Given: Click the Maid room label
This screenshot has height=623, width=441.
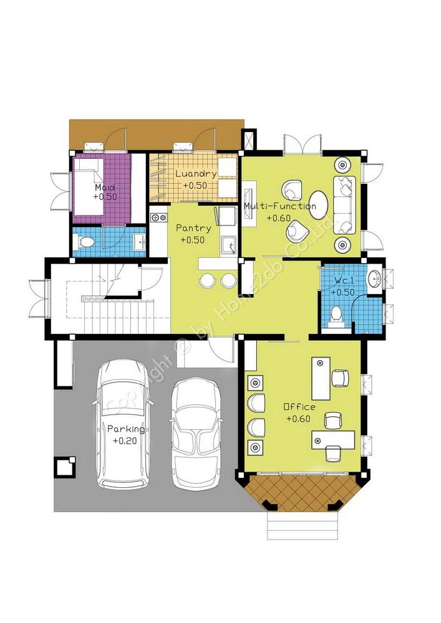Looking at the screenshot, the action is (105, 187).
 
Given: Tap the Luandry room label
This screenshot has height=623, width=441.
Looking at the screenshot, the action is (196, 174).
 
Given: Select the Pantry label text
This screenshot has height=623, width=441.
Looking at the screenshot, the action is (193, 229).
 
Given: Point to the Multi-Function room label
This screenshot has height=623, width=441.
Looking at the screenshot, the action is (279, 206).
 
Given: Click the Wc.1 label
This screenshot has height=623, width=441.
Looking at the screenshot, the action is (344, 280).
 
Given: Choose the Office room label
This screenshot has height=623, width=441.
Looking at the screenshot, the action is (299, 407).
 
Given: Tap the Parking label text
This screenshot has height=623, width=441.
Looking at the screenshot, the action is (126, 429).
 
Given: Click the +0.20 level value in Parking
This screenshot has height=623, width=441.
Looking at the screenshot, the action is (125, 440).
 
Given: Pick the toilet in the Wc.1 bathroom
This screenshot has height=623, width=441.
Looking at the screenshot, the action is (336, 316).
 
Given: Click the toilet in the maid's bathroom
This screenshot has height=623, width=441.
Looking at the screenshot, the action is (84, 240).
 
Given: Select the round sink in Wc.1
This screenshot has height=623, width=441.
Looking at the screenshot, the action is (375, 278).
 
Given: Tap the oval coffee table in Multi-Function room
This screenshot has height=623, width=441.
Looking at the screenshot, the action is (319, 204).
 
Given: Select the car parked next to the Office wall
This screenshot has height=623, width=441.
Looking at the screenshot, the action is (196, 433).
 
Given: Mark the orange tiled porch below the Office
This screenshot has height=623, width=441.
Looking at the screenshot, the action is (303, 492).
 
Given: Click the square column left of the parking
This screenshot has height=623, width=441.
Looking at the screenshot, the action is (65, 466).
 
